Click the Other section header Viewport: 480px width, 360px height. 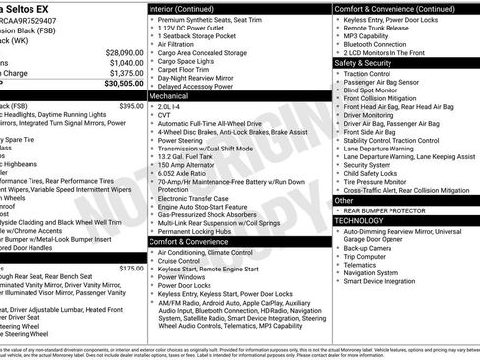345,200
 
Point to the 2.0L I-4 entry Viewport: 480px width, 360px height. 171,108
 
